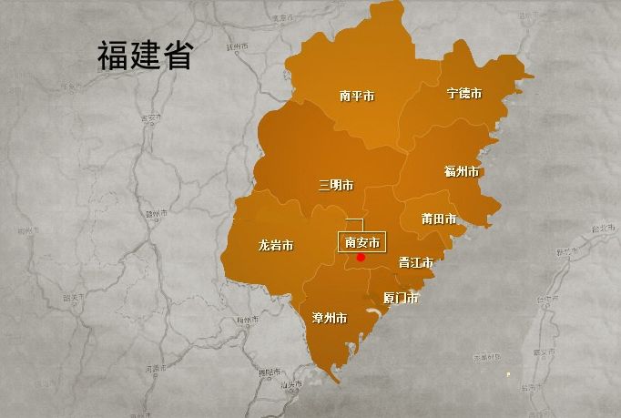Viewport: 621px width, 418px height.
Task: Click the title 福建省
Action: [145, 56]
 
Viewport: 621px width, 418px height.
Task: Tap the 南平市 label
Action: [357, 95]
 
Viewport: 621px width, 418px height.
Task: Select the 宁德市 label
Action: [464, 94]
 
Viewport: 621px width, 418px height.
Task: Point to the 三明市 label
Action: [336, 185]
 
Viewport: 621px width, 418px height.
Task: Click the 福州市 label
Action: [462, 172]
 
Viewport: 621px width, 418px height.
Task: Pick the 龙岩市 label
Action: [276, 246]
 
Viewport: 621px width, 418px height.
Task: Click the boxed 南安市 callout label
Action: [362, 242]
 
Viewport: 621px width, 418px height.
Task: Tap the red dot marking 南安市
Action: [361, 258]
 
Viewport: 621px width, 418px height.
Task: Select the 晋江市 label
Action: [415, 262]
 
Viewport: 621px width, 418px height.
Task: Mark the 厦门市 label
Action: [401, 298]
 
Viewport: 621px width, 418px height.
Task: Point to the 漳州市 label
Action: [329, 319]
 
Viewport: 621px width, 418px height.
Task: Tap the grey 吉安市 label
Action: [150, 117]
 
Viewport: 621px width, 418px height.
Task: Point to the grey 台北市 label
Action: [603, 229]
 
